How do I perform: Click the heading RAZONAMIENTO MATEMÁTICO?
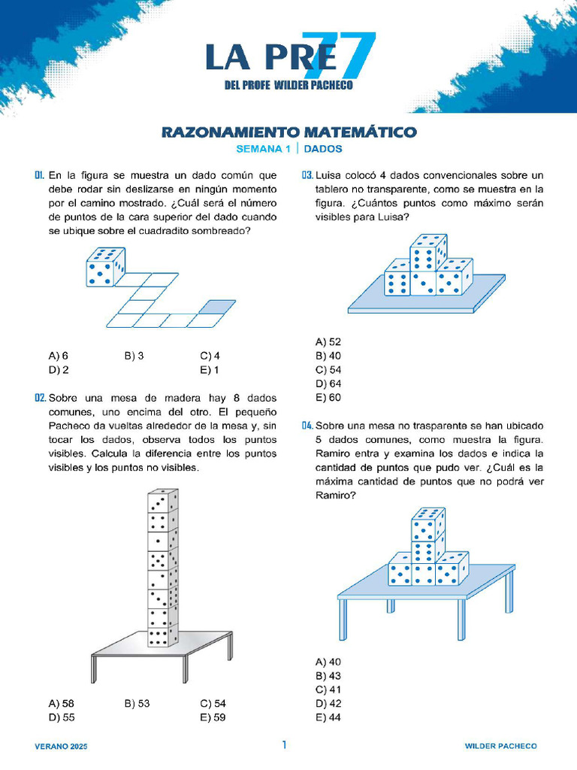coord(288,132)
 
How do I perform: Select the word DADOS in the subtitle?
coord(323,149)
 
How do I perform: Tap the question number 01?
coord(40,175)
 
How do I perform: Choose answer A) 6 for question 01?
coord(59,356)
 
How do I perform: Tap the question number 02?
coord(41,398)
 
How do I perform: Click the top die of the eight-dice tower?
coord(162,502)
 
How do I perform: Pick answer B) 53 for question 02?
coord(137,704)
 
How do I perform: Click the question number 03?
coord(307,175)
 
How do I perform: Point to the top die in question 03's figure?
coord(427,250)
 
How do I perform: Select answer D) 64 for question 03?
coord(328,383)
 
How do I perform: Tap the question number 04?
coord(307,426)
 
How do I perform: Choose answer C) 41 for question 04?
coord(328,690)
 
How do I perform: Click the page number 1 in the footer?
coord(284,745)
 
